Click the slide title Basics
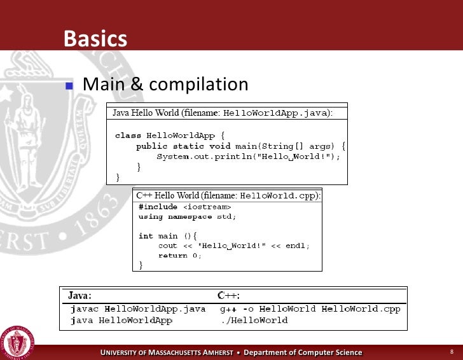(95, 39)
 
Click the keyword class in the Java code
(128, 135)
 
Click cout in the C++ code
(168, 246)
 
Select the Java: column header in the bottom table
(80, 296)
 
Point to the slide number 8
(451, 352)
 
